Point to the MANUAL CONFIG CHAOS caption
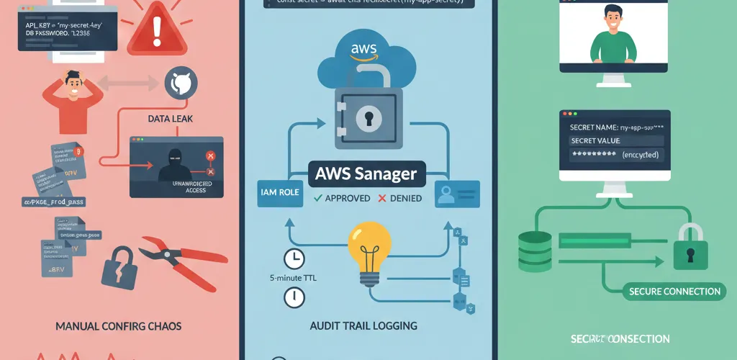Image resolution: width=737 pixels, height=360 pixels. coord(118,326)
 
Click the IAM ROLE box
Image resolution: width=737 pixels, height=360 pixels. coord(280,194)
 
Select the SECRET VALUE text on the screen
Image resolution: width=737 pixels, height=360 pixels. coord(595,140)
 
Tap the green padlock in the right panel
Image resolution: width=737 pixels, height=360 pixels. coord(689,248)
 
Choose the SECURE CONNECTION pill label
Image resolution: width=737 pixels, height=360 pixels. coord(674,292)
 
